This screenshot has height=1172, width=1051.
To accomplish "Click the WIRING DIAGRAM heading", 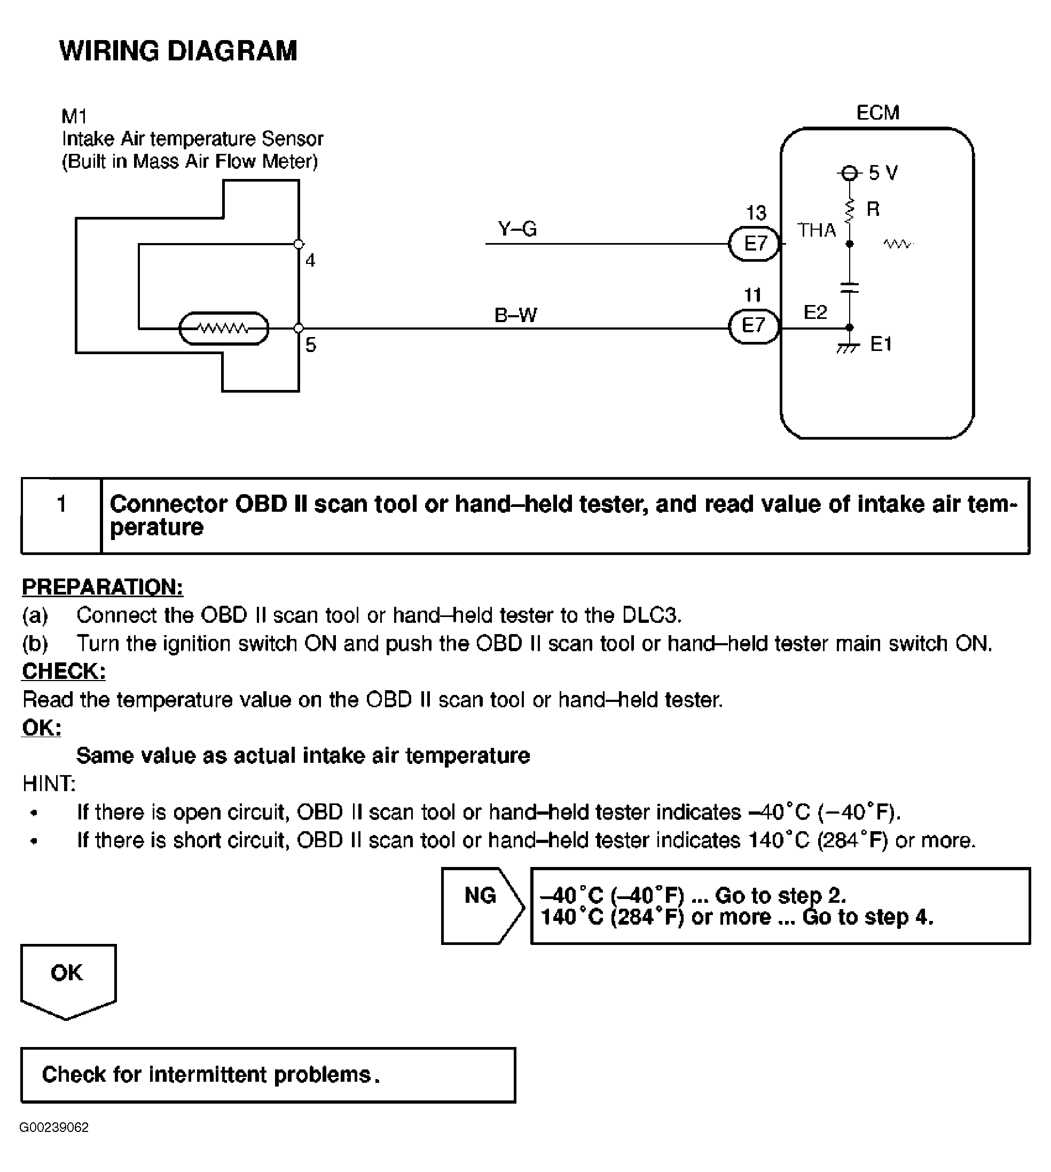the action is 178,51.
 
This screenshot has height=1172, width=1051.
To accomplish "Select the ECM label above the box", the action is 878,113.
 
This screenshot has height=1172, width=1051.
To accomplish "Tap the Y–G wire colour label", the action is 517,229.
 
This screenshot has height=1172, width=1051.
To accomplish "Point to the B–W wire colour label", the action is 516,315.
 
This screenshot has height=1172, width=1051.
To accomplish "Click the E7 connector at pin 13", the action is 754,244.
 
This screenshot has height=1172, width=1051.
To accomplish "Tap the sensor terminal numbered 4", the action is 299,244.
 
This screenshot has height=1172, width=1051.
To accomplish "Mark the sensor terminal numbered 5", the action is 299,328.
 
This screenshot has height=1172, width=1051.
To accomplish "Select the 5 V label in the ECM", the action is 883,173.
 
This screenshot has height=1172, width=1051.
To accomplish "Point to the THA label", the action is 817,230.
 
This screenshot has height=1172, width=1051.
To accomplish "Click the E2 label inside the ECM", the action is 815,312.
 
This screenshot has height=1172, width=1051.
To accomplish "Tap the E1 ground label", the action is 881,344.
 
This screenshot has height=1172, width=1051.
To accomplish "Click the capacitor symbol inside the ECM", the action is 850,287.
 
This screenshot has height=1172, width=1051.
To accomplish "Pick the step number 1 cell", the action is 61,515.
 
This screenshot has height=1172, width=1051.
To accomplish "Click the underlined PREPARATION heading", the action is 102,587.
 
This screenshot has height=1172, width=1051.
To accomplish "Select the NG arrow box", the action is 482,906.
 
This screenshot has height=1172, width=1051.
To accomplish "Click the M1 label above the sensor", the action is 74,116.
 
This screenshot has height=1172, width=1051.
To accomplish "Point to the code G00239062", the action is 54,1128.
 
